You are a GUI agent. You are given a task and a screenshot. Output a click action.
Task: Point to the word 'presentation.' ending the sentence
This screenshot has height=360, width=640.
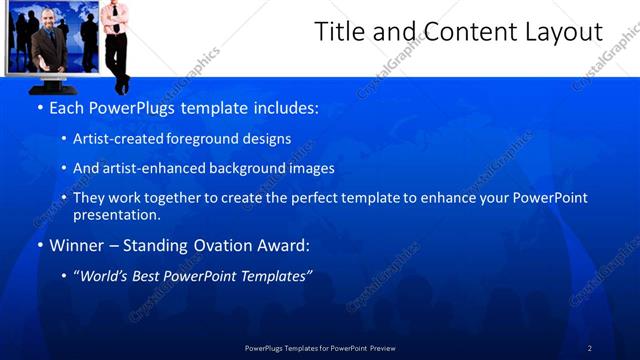tap(116, 214)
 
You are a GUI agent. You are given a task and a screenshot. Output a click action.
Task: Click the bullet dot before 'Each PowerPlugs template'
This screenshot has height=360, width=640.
tap(39, 107)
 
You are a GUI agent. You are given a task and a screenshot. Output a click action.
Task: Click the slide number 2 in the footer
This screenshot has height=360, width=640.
tap(590, 347)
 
